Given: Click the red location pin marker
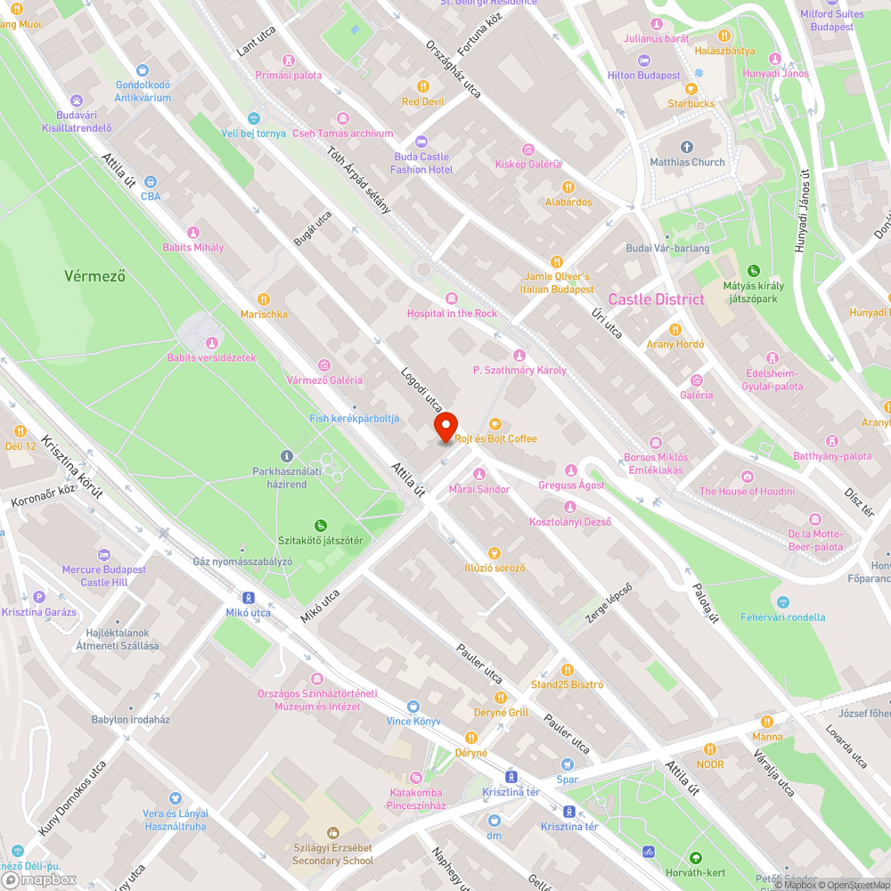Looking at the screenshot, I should (x=445, y=426).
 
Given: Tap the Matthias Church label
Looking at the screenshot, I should (x=687, y=162).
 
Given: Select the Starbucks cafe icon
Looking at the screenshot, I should (x=691, y=89).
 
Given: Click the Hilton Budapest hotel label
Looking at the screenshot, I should (x=643, y=76).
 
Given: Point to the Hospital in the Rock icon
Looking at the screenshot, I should (x=452, y=298).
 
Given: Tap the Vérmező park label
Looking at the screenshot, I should (x=94, y=275).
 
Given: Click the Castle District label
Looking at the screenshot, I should (x=656, y=299).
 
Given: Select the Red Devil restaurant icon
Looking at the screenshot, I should (x=422, y=87).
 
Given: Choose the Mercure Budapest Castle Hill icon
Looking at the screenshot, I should (x=104, y=555).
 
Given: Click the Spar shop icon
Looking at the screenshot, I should (x=568, y=764).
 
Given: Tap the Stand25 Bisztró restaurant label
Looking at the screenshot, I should (x=567, y=684).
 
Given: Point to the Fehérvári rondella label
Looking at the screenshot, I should (x=782, y=617).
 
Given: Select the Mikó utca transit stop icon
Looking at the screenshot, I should (x=249, y=599).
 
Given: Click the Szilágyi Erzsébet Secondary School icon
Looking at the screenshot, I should (x=333, y=833).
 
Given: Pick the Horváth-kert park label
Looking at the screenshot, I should (x=697, y=872).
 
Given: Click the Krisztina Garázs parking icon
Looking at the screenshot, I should (x=38, y=598).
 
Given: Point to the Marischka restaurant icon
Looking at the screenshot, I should (x=263, y=299).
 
